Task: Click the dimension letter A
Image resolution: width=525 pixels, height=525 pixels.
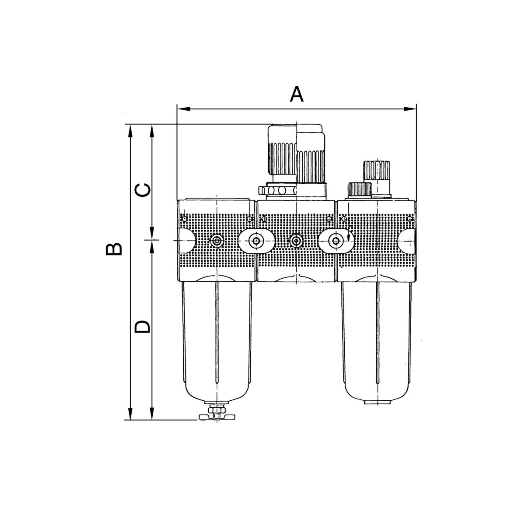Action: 297,94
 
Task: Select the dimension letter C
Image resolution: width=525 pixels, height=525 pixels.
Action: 143,190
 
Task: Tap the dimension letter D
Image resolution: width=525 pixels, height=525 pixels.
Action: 142,326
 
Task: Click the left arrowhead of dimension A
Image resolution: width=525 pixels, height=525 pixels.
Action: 183,109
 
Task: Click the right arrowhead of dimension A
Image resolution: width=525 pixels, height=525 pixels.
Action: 410,109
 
